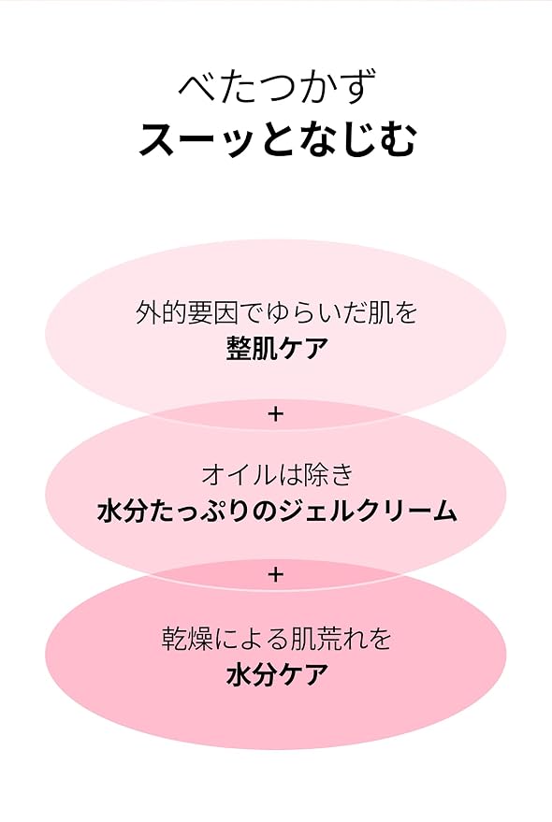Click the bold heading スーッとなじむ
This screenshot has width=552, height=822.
pyautogui.click(x=278, y=139)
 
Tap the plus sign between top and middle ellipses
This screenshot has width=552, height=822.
pyautogui.click(x=275, y=414)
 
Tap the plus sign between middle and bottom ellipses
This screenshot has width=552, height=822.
pyautogui.click(x=275, y=575)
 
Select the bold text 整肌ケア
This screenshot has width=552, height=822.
pyautogui.click(x=277, y=348)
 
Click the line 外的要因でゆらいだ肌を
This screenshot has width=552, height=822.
pyautogui.click(x=276, y=313)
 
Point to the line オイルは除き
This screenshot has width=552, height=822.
pyautogui.click(x=276, y=474)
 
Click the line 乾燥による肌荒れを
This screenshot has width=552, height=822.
pyautogui.click(x=276, y=638)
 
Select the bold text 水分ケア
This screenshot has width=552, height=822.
pyautogui.click(x=277, y=674)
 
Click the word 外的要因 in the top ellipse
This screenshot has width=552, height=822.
pyautogui.click(x=186, y=313)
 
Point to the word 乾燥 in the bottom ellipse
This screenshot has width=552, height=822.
pyautogui.click(x=187, y=638)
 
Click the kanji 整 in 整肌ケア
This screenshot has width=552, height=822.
pyautogui.click(x=239, y=348)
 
